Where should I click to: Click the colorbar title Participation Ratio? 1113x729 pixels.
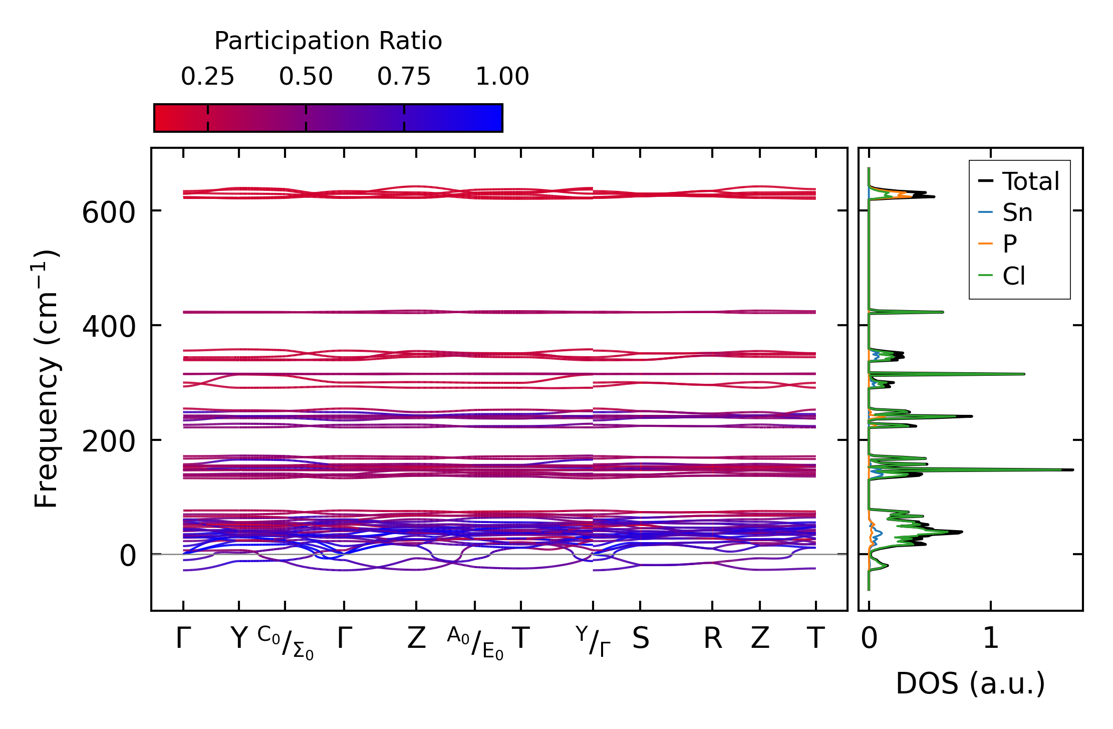328,41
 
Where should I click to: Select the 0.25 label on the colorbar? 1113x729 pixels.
207,77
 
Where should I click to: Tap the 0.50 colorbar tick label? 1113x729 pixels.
306,77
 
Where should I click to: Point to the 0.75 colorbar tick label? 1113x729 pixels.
404,77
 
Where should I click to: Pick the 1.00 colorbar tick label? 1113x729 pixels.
502,77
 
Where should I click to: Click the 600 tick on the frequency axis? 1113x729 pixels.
109,212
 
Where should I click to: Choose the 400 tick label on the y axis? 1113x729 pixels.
109,327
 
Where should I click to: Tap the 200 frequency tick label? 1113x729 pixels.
109,442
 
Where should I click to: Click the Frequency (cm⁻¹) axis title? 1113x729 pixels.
46,379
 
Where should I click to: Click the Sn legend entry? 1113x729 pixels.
1017,213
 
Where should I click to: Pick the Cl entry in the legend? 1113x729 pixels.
1014,276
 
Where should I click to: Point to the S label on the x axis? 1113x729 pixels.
641,639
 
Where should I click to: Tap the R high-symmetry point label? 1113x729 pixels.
713,639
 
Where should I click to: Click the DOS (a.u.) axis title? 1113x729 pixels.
970,683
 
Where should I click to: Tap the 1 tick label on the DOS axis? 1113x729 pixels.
991,639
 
